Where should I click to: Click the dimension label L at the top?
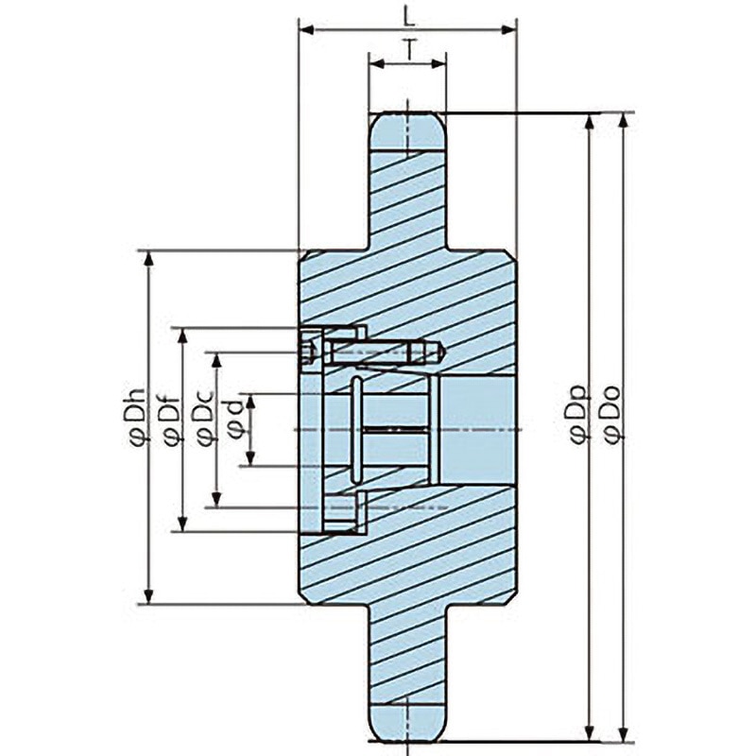(409, 18)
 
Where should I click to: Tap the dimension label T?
(409, 50)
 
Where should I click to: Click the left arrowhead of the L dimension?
(307, 30)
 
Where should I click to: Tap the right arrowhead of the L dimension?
(508, 30)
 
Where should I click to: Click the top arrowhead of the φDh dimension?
(149, 258)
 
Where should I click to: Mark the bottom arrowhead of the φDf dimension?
(182, 524)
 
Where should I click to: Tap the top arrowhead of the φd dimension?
(250, 401)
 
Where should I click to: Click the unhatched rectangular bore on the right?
(475, 430)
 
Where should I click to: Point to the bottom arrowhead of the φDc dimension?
(216, 499)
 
